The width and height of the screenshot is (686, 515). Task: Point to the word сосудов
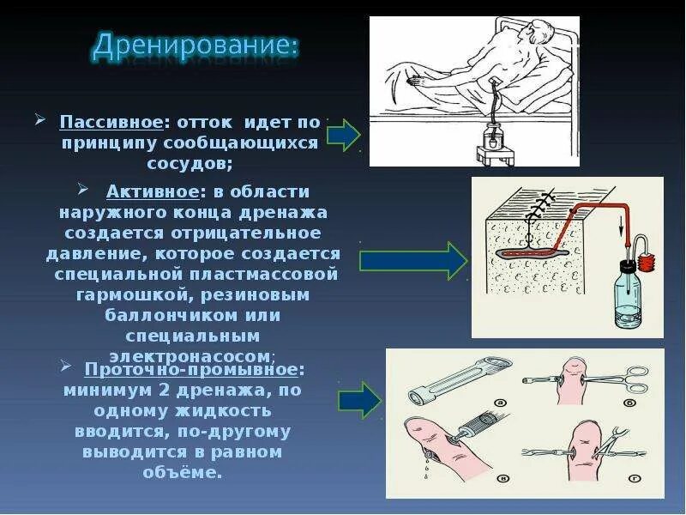[190, 163]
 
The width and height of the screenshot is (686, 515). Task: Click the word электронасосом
[190, 355]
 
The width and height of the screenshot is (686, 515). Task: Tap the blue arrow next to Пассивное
[343, 136]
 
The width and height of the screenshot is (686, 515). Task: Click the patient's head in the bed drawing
[537, 39]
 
